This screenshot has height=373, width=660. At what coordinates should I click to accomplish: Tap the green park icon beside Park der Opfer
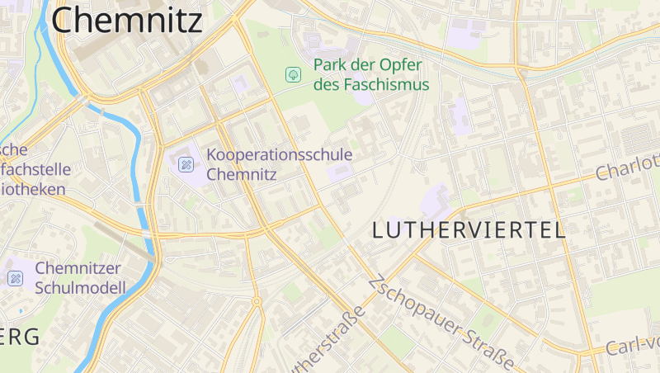[292, 75]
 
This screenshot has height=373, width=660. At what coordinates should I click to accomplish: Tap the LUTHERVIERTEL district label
[469, 230]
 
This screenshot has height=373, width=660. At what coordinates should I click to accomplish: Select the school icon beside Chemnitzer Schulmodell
[15, 278]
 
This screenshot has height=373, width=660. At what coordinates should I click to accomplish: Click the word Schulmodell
[80, 288]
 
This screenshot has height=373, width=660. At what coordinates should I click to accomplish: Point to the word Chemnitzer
[78, 268]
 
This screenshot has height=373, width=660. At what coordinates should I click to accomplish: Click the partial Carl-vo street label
[633, 346]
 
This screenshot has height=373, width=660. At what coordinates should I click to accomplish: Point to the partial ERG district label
[20, 337]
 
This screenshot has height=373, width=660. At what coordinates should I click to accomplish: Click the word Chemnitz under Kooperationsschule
[241, 174]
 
